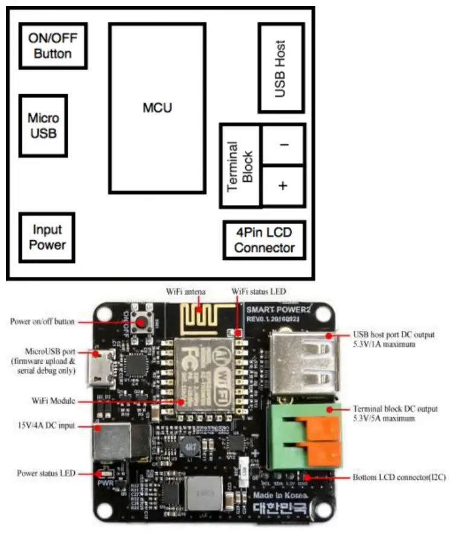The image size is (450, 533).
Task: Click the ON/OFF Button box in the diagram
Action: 53,46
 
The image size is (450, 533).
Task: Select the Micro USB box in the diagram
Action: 43,125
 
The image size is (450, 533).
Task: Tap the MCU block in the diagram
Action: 157,108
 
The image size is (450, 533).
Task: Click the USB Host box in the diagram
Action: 281,68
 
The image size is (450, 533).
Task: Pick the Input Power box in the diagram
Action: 47,237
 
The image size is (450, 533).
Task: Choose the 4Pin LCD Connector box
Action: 264,241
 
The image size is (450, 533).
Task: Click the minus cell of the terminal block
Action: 283,145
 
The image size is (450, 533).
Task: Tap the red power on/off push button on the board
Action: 143,323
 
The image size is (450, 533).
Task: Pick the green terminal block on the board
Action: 301,434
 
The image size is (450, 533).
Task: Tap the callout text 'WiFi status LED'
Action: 259,292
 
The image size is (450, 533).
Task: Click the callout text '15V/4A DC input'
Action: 42,425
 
